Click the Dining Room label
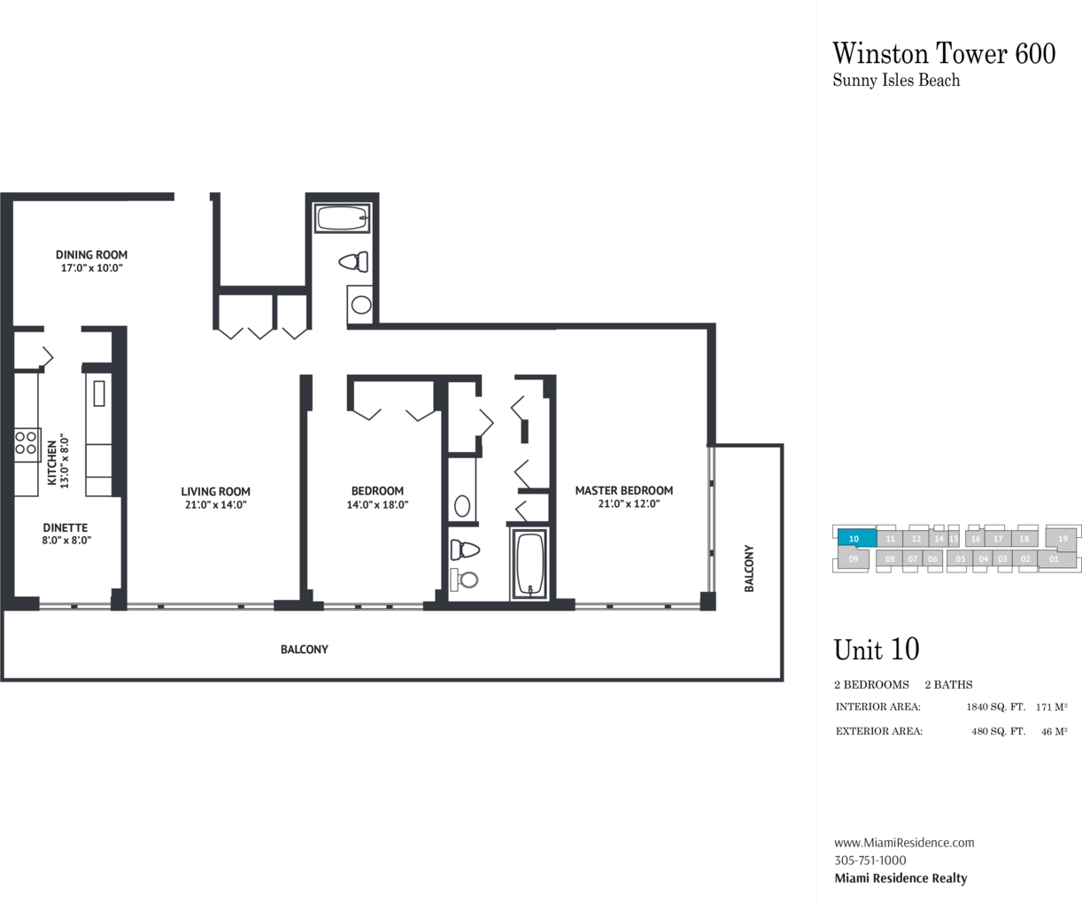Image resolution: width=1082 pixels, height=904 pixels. [92, 254]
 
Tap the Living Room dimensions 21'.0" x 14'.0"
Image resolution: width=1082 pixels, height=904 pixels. [215, 504]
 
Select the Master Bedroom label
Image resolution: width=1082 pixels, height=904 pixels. [624, 491]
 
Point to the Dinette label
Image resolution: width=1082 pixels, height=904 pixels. [66, 527]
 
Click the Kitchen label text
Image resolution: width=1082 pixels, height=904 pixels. [52, 464]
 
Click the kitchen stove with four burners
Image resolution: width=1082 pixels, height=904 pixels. [27, 445]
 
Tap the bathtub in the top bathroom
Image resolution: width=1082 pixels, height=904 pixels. [342, 218]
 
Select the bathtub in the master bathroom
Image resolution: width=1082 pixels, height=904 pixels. [529, 564]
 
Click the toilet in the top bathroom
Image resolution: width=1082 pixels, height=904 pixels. [354, 262]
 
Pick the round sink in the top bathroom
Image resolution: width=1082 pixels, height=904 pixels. [361, 305]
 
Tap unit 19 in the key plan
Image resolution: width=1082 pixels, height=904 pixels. [1063, 538]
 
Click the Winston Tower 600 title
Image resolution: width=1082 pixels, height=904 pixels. [944, 54]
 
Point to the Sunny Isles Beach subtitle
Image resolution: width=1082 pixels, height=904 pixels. [896, 81]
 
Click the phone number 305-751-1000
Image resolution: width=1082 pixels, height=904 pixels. [870, 861]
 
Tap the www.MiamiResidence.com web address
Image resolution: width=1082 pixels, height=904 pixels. [904, 843]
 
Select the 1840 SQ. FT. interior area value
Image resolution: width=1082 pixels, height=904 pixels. [995, 706]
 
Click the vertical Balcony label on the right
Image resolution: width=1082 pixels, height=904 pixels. [749, 568]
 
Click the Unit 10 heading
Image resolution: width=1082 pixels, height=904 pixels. [877, 650]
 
